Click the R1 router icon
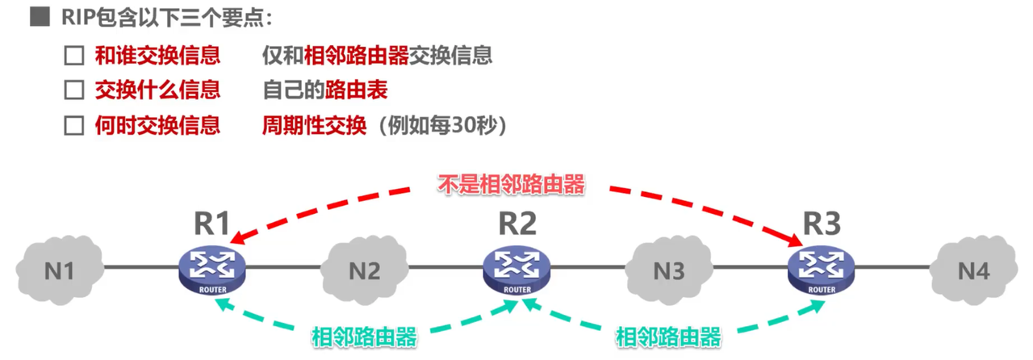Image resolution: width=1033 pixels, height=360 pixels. coord(211,268)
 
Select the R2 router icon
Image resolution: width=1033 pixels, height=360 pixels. coord(516,268)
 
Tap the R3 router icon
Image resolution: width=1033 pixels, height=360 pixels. coord(822,268)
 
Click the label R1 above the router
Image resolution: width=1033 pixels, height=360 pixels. coord(211,223)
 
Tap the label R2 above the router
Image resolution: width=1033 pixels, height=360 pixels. coord(516,223)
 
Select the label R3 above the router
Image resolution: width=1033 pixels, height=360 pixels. coord(822,223)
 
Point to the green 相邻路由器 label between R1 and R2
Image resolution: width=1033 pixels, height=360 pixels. coord(364,337)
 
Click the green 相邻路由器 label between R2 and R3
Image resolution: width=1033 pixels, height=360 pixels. coord(669,337)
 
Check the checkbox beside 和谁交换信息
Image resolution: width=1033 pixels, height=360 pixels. coord(74,56)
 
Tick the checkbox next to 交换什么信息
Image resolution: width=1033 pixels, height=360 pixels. coord(74,90)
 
